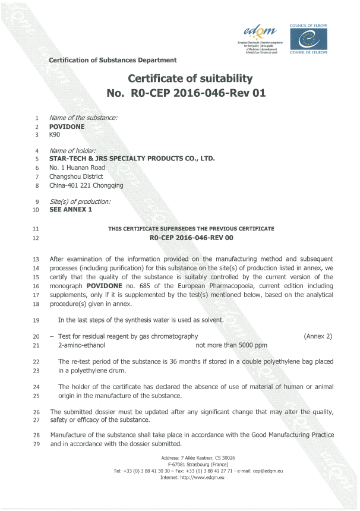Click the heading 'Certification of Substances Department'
[113, 60]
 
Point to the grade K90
[56, 135]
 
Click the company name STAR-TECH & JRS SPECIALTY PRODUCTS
[131, 159]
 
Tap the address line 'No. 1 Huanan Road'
[77, 168]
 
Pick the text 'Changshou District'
[76, 176]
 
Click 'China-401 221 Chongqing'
[86, 185]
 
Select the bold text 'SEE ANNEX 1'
[71, 209]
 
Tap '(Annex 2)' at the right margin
[318, 336]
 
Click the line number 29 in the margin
[36, 444]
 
